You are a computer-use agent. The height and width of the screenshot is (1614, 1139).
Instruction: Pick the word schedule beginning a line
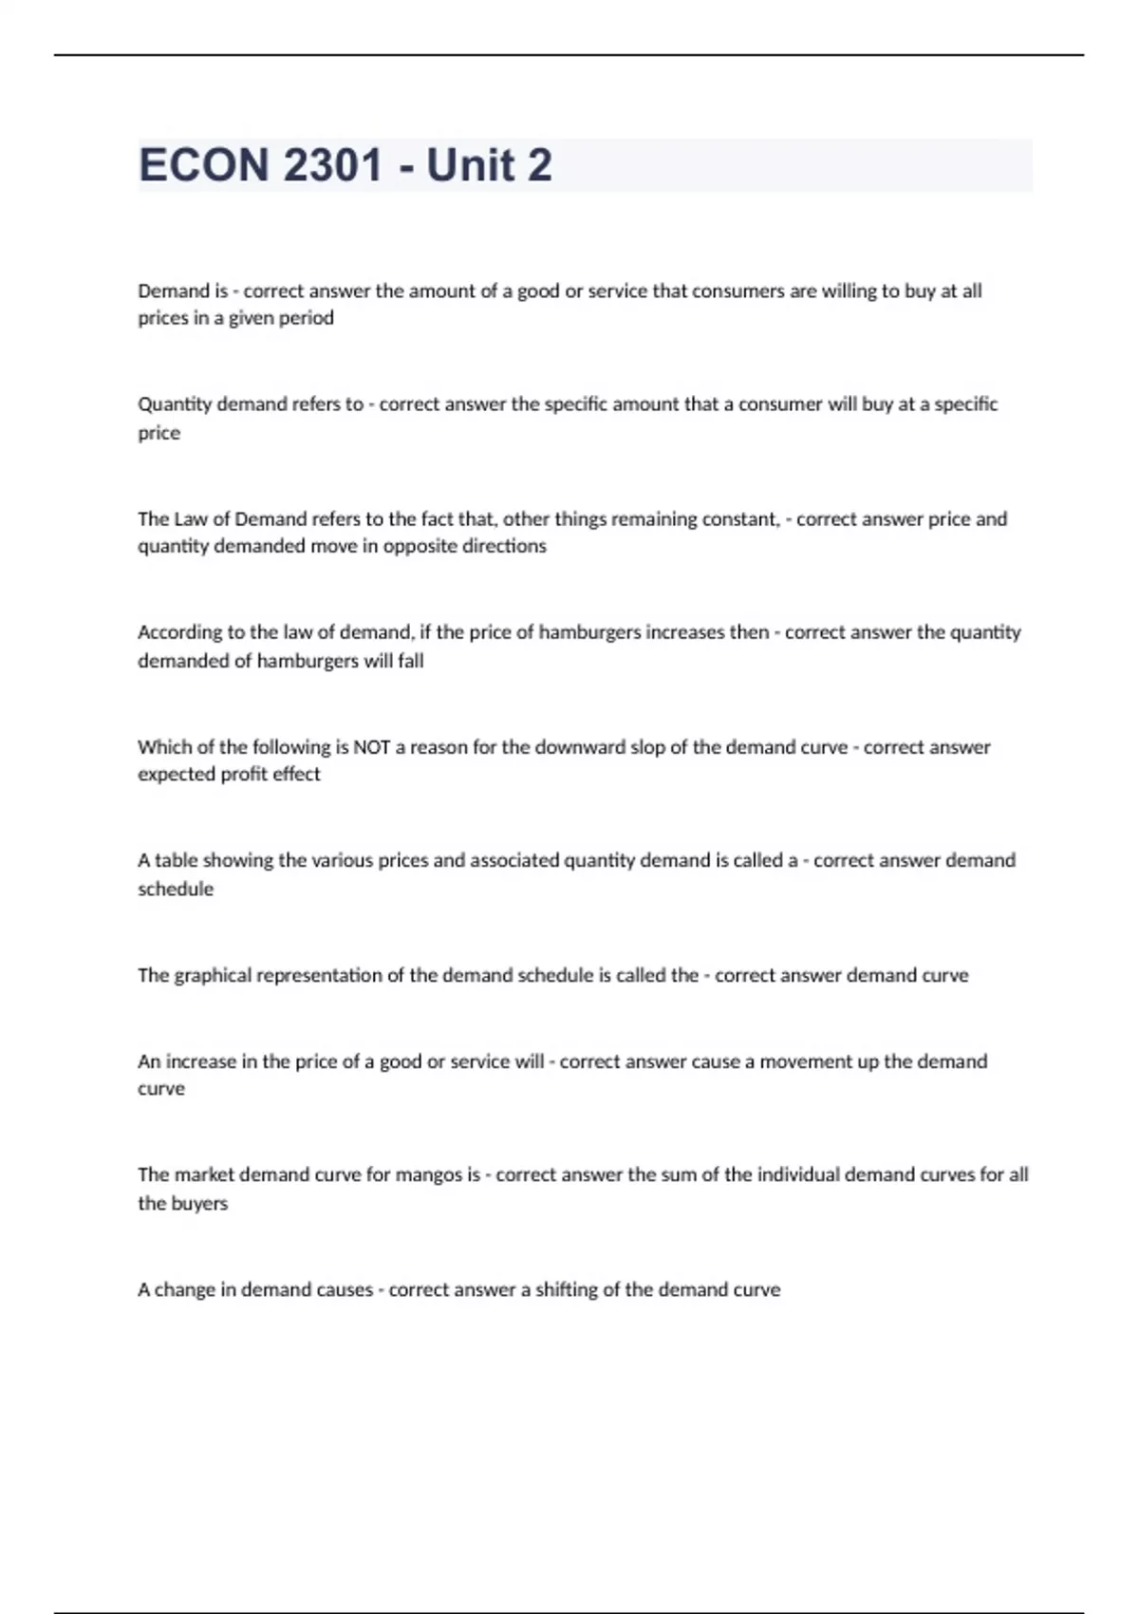click(176, 889)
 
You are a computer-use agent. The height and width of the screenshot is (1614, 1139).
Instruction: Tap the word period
click(307, 318)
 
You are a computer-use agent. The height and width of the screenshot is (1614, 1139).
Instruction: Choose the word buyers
click(200, 1203)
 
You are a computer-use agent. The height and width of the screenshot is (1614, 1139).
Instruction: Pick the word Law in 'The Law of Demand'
click(190, 518)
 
